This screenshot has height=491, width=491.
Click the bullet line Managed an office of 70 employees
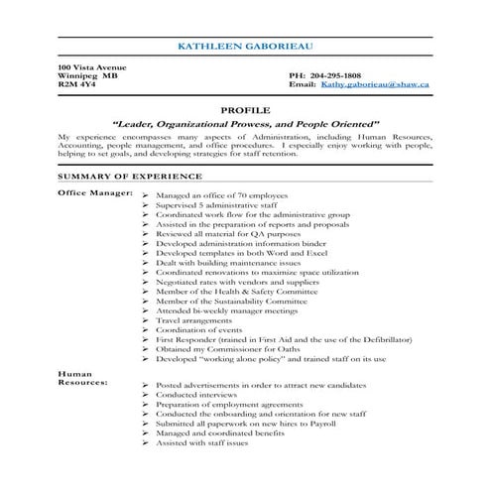coord(219,197)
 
